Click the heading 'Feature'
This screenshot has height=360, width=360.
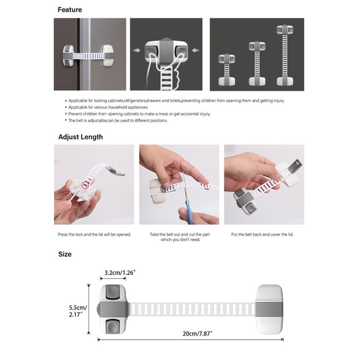(x=70, y=9)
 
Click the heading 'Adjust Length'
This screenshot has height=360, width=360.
(x=80, y=136)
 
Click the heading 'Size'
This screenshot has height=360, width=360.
(x=64, y=254)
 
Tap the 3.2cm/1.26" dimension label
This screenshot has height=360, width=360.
(x=119, y=273)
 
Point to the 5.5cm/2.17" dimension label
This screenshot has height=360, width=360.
(x=76, y=309)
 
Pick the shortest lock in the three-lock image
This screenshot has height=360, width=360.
(x=226, y=70)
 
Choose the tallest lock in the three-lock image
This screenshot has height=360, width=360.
(x=284, y=55)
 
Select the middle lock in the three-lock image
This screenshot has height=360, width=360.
(x=256, y=63)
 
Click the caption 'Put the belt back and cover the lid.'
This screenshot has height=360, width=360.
(x=262, y=234)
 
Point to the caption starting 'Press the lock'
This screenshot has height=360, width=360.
(x=94, y=234)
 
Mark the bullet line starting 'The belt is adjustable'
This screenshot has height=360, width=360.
(x=118, y=120)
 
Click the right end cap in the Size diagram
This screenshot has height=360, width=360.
(x=269, y=309)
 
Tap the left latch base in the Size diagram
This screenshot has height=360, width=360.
(x=113, y=309)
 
